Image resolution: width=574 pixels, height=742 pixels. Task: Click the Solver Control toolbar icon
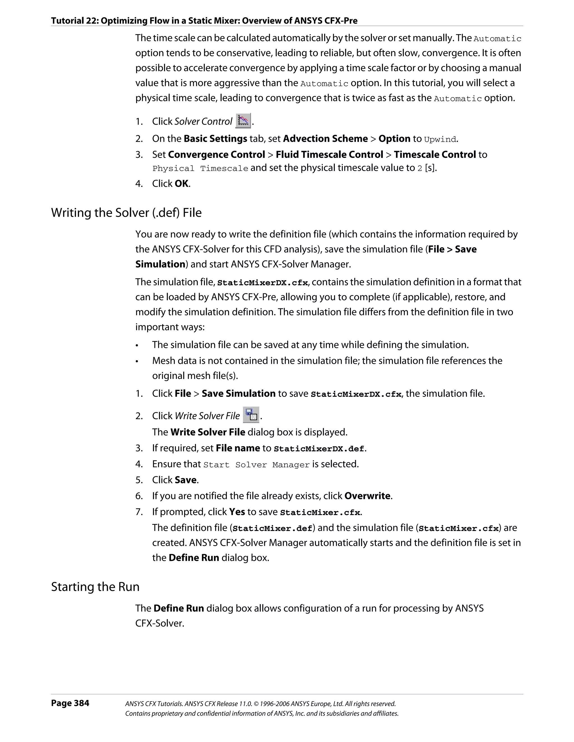(x=243, y=121)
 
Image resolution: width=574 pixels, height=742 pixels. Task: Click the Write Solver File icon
(x=251, y=415)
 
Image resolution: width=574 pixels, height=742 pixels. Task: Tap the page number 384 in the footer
(x=70, y=703)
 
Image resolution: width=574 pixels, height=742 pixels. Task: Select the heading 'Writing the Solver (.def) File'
(x=126, y=213)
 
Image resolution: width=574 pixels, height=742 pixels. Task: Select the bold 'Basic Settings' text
(x=215, y=138)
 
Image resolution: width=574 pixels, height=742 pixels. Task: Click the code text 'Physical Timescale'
(x=200, y=168)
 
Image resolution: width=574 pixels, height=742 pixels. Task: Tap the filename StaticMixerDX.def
(x=319, y=449)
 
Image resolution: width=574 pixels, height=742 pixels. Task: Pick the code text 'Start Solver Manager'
(x=256, y=465)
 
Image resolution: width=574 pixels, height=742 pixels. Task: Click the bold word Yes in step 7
(x=237, y=512)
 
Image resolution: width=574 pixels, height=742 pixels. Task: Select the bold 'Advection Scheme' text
(x=325, y=138)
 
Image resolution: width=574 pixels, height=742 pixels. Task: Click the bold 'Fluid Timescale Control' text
(x=329, y=154)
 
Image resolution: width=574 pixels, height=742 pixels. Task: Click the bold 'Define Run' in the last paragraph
(x=179, y=608)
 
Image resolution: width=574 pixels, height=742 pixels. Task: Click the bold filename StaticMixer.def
(x=272, y=528)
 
